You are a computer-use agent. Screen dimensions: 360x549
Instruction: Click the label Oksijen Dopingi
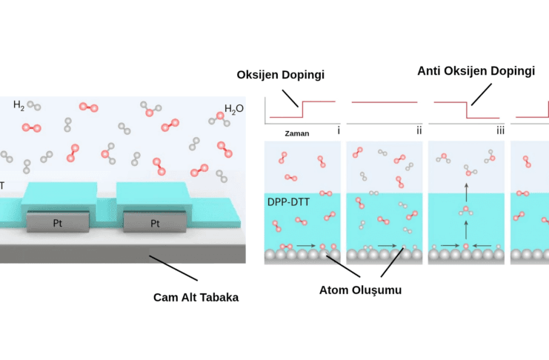pos(281,75)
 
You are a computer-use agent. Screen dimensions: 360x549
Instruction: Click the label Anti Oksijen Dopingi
pos(476,71)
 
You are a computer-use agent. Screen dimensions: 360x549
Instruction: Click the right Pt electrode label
pos(155,222)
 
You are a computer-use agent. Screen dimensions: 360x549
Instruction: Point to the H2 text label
pos(19,105)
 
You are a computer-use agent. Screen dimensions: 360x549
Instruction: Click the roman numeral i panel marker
pos(338,131)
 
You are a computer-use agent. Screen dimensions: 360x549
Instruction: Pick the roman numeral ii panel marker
pos(419,131)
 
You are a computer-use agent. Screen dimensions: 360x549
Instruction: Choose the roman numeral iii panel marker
pos(500,131)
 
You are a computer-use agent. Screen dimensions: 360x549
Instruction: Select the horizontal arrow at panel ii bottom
pos(386,244)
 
